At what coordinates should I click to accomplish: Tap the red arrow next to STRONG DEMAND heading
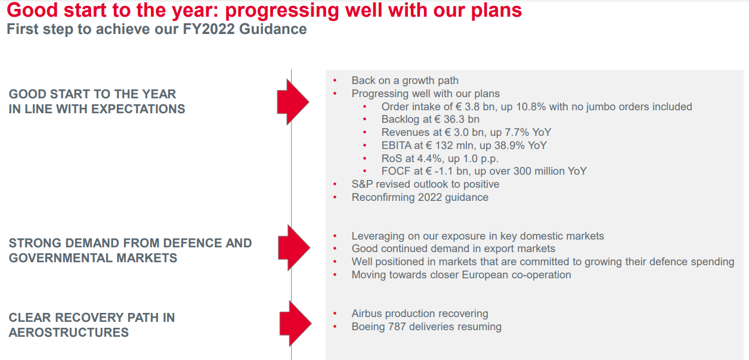pyautogui.click(x=293, y=247)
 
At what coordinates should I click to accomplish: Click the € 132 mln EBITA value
pyautogui.click(x=456, y=145)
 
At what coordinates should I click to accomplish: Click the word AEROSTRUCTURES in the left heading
pyautogui.click(x=69, y=333)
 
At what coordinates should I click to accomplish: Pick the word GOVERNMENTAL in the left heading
pyautogui.click(x=55, y=258)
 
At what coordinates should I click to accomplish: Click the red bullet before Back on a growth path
pyautogui.click(x=335, y=80)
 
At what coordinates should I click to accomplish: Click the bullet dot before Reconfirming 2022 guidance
pyautogui.click(x=335, y=197)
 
